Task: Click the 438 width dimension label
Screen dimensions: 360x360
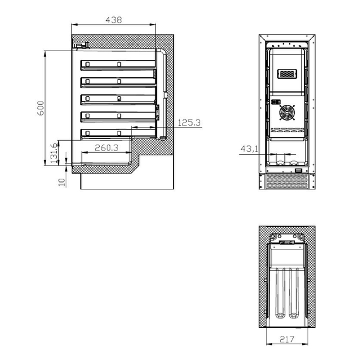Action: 114,20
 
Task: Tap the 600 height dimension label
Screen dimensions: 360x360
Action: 40,108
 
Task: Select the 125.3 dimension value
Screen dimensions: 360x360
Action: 189,123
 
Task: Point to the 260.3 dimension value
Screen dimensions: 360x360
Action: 107,148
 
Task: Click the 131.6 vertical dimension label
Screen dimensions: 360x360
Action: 54,153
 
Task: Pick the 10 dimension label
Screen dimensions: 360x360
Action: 62,183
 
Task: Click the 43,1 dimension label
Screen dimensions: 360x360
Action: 249,149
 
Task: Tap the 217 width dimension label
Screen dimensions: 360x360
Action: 287,339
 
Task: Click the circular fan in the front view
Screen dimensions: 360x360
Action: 287,112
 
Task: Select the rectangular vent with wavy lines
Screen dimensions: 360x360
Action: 287,74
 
